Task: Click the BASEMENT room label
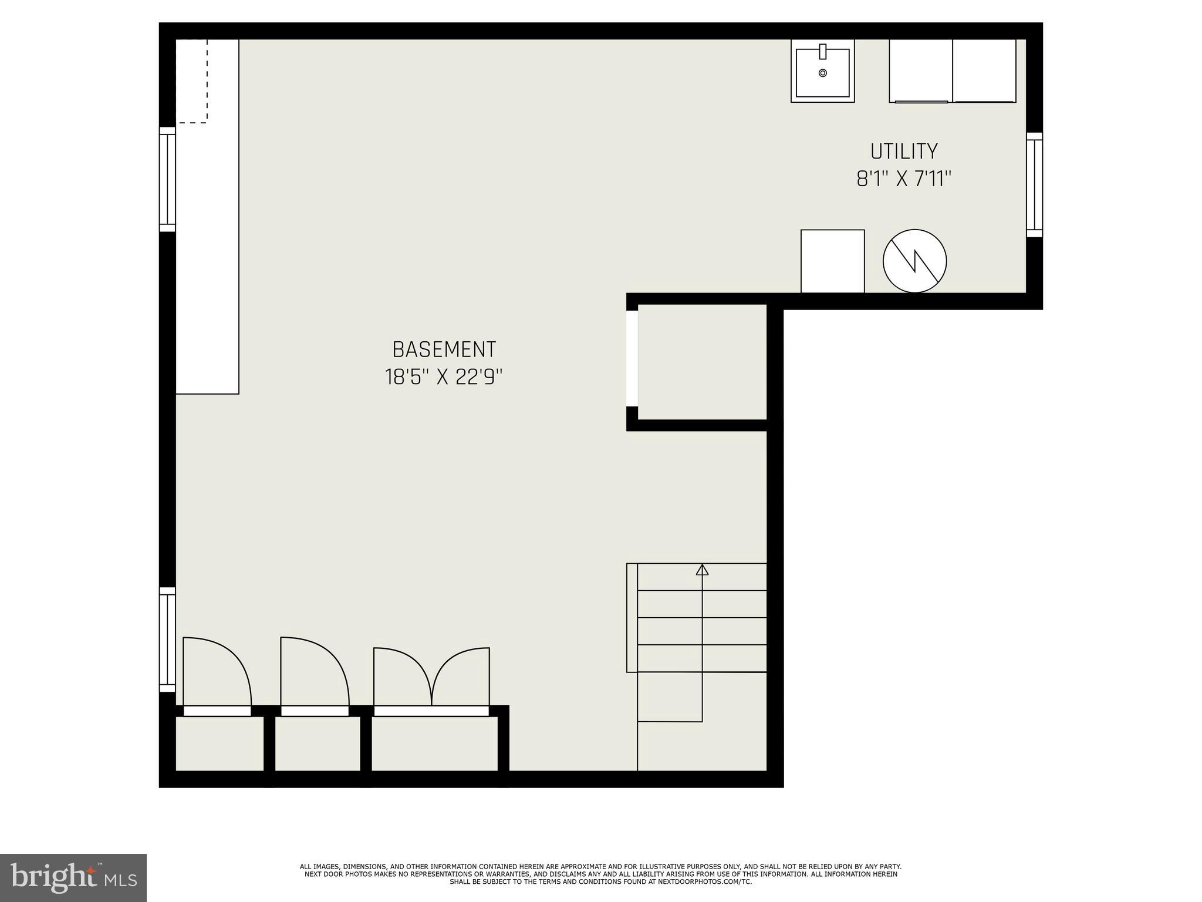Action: point(444,349)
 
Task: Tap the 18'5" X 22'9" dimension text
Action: point(444,377)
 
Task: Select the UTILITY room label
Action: point(904,152)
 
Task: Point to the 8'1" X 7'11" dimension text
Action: point(904,179)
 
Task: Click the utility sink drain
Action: point(823,73)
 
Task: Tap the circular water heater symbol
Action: point(914,261)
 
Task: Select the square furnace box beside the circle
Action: point(832,261)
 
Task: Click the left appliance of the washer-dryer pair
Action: point(920,70)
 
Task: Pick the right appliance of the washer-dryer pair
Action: point(984,70)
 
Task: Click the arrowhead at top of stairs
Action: point(702,570)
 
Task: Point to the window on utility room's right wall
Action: point(1034,184)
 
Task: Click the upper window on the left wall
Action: point(168,179)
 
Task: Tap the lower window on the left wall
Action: point(168,640)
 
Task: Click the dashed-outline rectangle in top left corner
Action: point(192,81)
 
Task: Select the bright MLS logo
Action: point(73,877)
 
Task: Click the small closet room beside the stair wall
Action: point(702,362)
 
